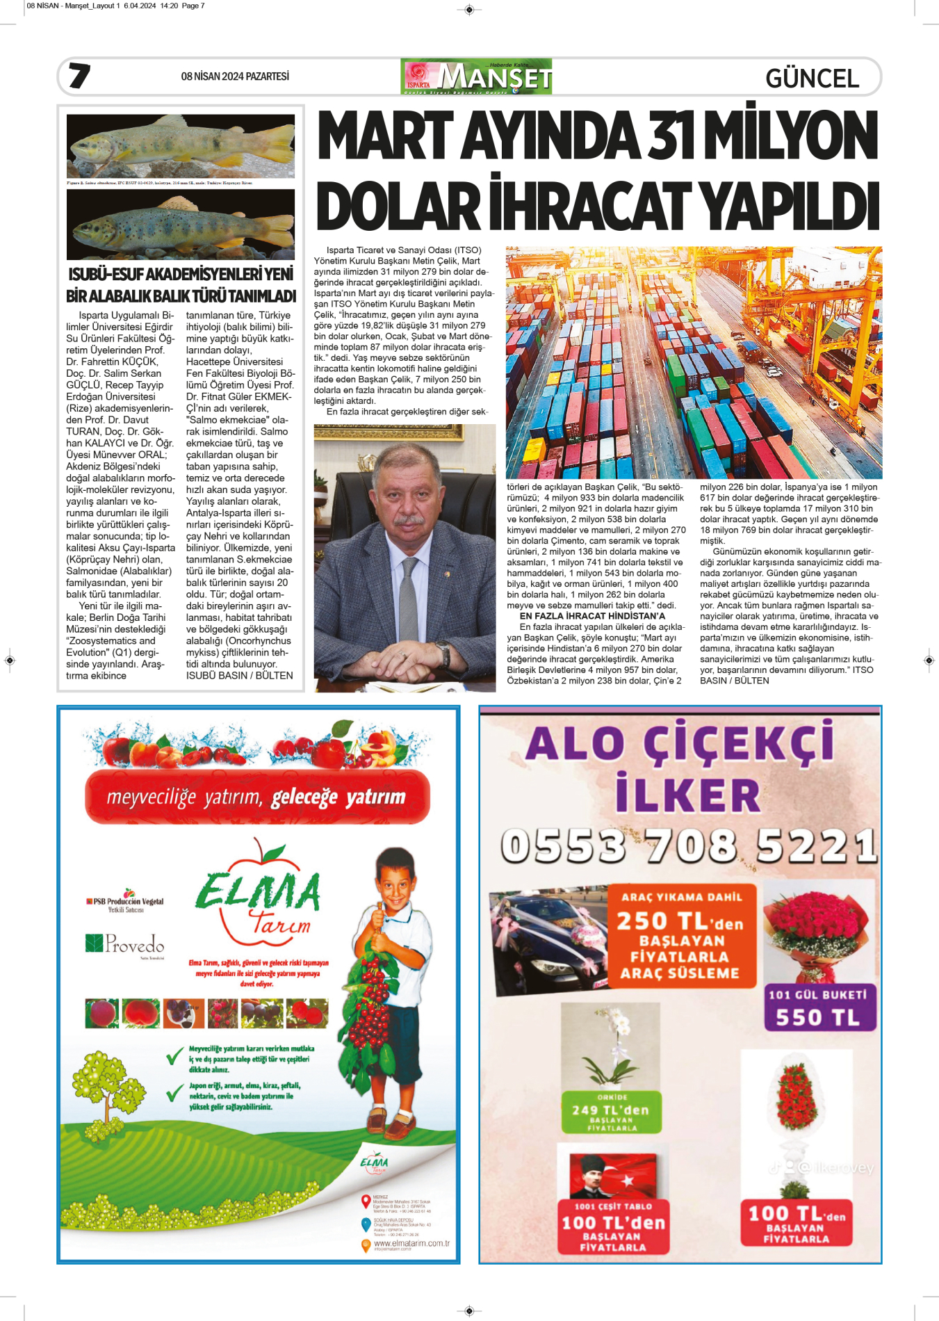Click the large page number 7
(x=79, y=76)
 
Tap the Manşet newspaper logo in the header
(x=476, y=77)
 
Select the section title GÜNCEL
(x=812, y=79)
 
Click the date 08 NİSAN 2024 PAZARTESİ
(x=235, y=76)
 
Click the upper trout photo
(x=181, y=146)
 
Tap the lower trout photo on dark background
(x=181, y=225)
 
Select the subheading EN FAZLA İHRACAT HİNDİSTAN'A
(x=592, y=616)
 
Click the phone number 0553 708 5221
(x=688, y=846)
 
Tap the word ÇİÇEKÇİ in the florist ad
(x=738, y=743)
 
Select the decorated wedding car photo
(x=549, y=935)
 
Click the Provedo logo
(x=125, y=943)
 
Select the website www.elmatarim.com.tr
(x=411, y=1243)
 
